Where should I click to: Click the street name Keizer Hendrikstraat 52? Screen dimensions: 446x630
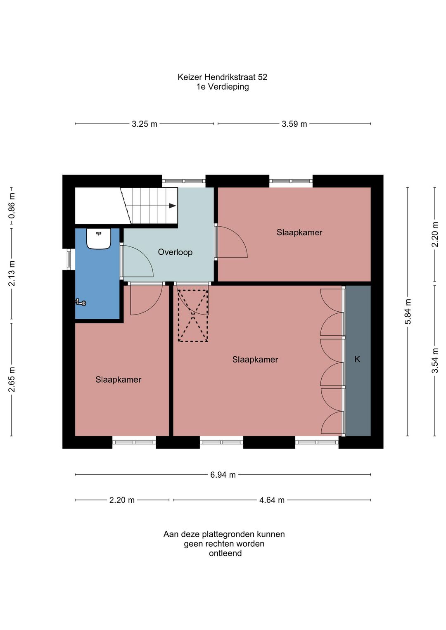222,77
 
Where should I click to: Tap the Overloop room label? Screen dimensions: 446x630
175,252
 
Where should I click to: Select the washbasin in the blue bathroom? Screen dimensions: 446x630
98,239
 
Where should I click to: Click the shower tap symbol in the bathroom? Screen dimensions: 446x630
81,303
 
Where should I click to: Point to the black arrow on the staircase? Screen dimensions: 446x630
173,206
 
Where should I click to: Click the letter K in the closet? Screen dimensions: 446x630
357,359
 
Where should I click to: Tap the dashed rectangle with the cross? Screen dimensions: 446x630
193,316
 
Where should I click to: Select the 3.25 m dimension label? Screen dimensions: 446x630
145,124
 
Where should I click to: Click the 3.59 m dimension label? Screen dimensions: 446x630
294,124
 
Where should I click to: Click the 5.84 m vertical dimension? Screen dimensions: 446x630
408,311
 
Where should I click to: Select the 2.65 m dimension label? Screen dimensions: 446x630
12,379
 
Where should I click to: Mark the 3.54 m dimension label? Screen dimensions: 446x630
435,360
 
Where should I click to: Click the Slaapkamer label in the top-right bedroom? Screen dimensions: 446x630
299,232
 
